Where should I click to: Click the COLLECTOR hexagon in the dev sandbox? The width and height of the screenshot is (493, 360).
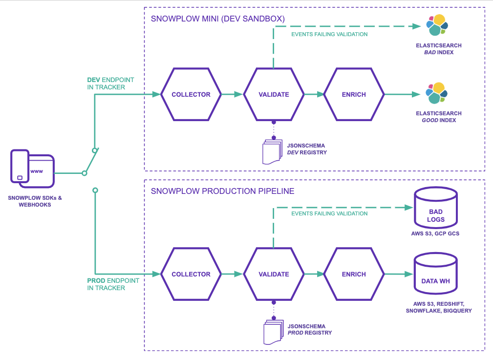point(191,94)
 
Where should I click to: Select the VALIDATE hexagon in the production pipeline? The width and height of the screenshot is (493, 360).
point(274,274)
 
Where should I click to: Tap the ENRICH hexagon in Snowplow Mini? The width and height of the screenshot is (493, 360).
point(354,94)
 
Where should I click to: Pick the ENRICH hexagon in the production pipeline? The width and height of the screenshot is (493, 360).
point(354,274)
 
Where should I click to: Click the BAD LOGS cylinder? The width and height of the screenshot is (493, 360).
point(435,208)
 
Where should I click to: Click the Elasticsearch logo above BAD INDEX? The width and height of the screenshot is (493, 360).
point(436,25)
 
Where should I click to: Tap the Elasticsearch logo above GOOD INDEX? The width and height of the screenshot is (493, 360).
point(436,93)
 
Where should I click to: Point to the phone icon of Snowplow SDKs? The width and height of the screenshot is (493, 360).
point(20,166)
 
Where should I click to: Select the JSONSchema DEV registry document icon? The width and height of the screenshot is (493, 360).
point(272,151)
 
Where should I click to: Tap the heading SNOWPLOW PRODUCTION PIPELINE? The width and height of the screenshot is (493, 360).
point(222,191)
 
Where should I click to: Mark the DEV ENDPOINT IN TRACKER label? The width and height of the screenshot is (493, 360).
point(110,84)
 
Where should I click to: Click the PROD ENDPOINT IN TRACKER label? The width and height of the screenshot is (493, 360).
point(113,284)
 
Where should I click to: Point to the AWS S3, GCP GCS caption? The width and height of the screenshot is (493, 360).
point(435,233)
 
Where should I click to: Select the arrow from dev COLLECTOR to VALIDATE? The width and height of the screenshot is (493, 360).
point(232,94)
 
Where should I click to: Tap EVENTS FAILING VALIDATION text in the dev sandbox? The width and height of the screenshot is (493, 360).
point(329,34)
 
